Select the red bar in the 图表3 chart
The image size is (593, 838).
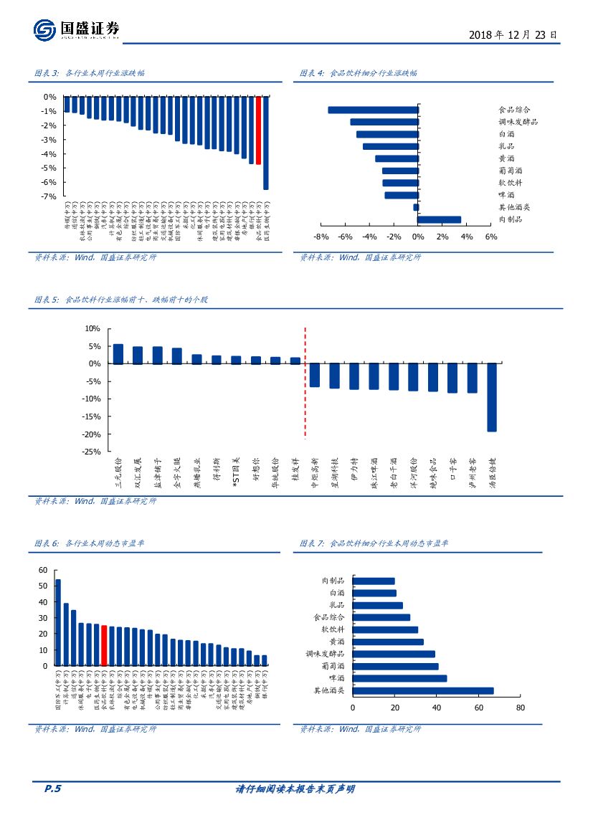259,130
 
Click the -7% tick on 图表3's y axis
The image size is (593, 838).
49,196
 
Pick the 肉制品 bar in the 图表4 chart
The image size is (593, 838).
439,220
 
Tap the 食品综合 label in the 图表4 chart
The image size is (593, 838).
514,110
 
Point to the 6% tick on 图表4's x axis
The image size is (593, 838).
491,237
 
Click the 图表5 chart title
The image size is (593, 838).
121,300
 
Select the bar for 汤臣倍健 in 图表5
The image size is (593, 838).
492,397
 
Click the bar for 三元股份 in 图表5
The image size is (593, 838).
118,354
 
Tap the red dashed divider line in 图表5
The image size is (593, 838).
305,383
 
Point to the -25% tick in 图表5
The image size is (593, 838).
92,452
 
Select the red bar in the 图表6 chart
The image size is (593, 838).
104,646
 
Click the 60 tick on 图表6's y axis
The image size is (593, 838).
42,570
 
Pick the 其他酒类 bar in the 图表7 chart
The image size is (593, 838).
423,691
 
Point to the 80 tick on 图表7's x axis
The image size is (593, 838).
520,708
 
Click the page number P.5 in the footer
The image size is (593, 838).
52,789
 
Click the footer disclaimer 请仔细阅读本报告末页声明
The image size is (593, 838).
295,789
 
